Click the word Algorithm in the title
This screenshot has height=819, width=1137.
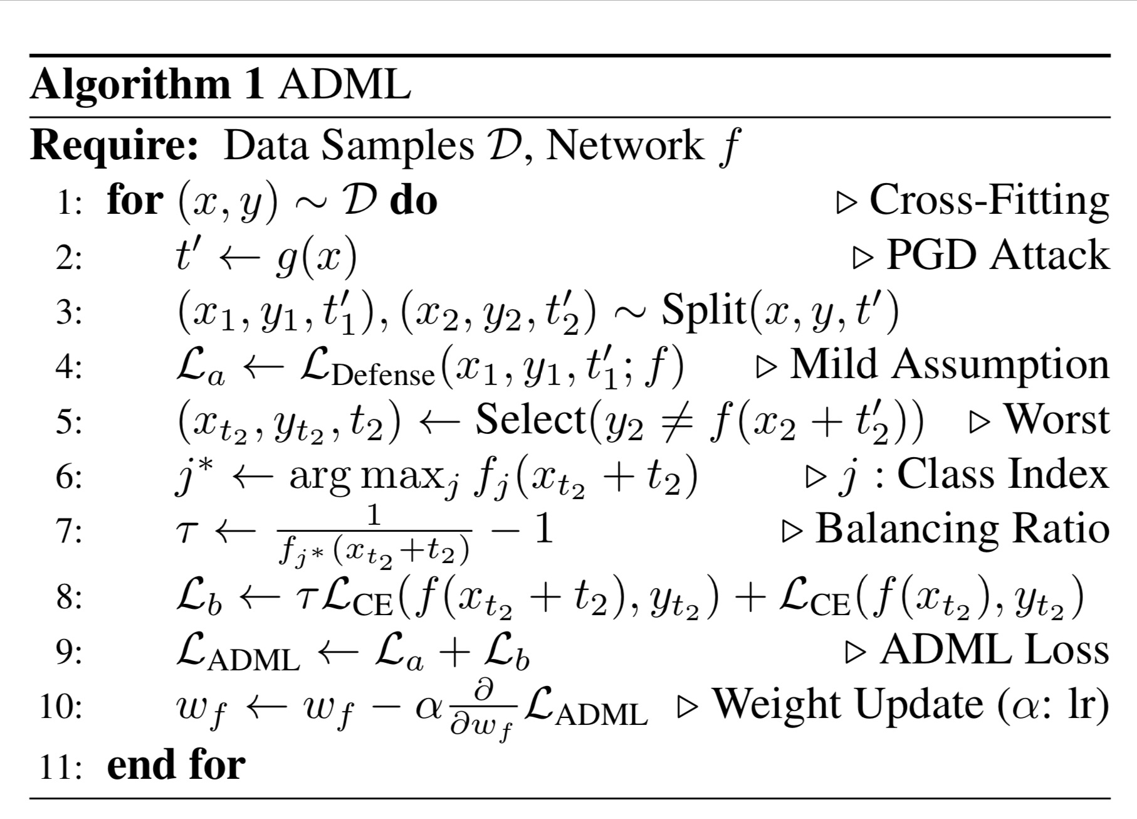[130, 85]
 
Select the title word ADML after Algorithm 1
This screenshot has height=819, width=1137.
[344, 84]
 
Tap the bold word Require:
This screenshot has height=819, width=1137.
[115, 145]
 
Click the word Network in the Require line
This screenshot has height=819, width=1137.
[624, 145]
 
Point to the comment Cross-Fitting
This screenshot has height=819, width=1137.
[988, 201]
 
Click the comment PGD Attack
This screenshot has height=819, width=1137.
[997, 255]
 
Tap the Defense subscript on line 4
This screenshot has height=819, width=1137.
[383, 375]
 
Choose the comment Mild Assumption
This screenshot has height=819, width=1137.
[949, 364]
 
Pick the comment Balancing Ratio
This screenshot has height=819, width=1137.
[962, 529]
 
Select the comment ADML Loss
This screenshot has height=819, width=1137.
[994, 650]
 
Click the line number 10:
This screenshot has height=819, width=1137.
[60, 707]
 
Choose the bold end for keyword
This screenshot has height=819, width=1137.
[176, 765]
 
